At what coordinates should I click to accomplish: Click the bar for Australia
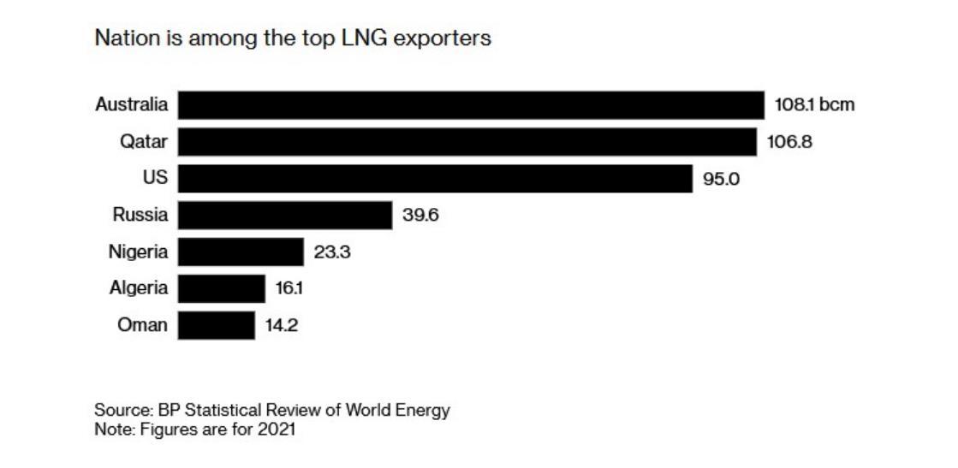[471, 105]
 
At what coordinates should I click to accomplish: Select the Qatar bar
[467, 142]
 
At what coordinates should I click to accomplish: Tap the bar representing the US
[435, 179]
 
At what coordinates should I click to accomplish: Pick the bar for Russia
[285, 216]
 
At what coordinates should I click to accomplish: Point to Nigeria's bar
[241, 252]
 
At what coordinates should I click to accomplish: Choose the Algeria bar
[222, 289]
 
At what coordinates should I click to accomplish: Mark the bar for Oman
[217, 326]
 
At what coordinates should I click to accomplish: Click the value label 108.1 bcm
[814, 105]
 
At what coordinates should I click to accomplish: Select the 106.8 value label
[789, 142]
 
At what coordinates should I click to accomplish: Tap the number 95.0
[722, 179]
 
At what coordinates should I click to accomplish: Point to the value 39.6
[420, 216]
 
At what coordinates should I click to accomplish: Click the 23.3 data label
[332, 252]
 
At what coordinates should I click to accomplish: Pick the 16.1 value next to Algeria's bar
[289, 289]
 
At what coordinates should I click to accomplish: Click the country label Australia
[131, 105]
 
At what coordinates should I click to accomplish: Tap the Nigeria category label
[138, 252]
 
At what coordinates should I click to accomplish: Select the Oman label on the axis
[142, 326]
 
